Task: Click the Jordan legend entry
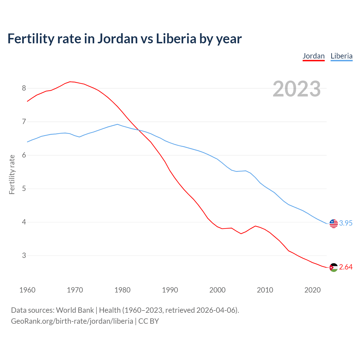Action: click(314, 56)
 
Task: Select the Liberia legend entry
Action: click(341, 56)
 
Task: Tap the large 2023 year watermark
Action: click(297, 89)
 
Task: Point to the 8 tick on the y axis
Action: click(24, 88)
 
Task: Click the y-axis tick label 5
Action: click(24, 189)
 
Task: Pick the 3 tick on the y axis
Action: click(24, 256)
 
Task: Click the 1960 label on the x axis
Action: click(27, 290)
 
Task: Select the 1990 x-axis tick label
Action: click(170, 290)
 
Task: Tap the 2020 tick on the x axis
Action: click(312, 290)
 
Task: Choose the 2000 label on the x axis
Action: click(217, 290)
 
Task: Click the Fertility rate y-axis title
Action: click(12, 174)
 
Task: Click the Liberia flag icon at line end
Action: click(334, 224)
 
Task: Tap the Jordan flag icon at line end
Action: click(334, 267)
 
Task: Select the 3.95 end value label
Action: click(346, 223)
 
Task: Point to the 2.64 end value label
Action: click(346, 267)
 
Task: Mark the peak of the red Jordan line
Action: click(70, 82)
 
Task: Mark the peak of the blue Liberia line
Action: click(117, 124)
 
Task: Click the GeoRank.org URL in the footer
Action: click(72, 321)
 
